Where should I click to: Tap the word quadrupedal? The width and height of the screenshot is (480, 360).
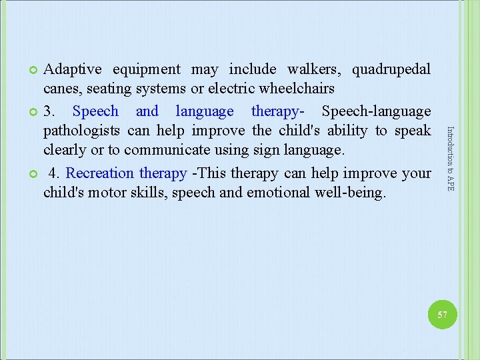point(391,69)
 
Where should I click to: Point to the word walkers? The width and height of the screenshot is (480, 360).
point(313,69)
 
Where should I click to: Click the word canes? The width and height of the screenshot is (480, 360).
point(61,89)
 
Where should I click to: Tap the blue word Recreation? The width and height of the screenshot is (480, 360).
point(100,173)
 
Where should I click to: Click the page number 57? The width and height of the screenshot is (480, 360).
point(442,315)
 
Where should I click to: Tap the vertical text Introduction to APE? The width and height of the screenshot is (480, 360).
point(451,159)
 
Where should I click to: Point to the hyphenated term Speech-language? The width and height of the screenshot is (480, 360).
point(376,111)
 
